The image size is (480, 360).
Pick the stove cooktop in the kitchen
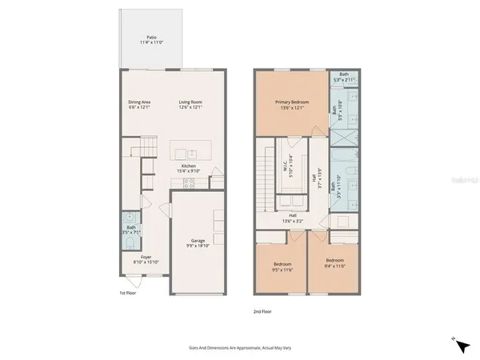coord(190,182)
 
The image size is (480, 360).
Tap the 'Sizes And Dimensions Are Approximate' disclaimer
coord(238,348)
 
